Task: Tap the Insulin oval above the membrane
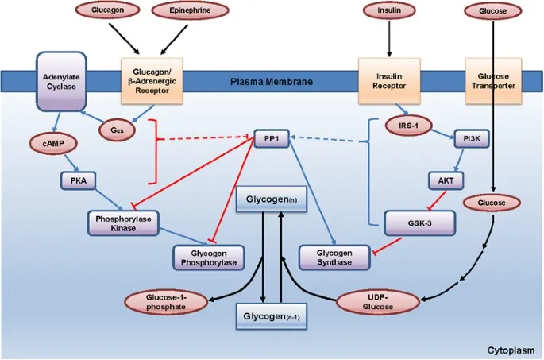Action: click(389, 12)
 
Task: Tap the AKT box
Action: click(446, 180)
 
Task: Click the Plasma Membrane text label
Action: click(271, 81)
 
